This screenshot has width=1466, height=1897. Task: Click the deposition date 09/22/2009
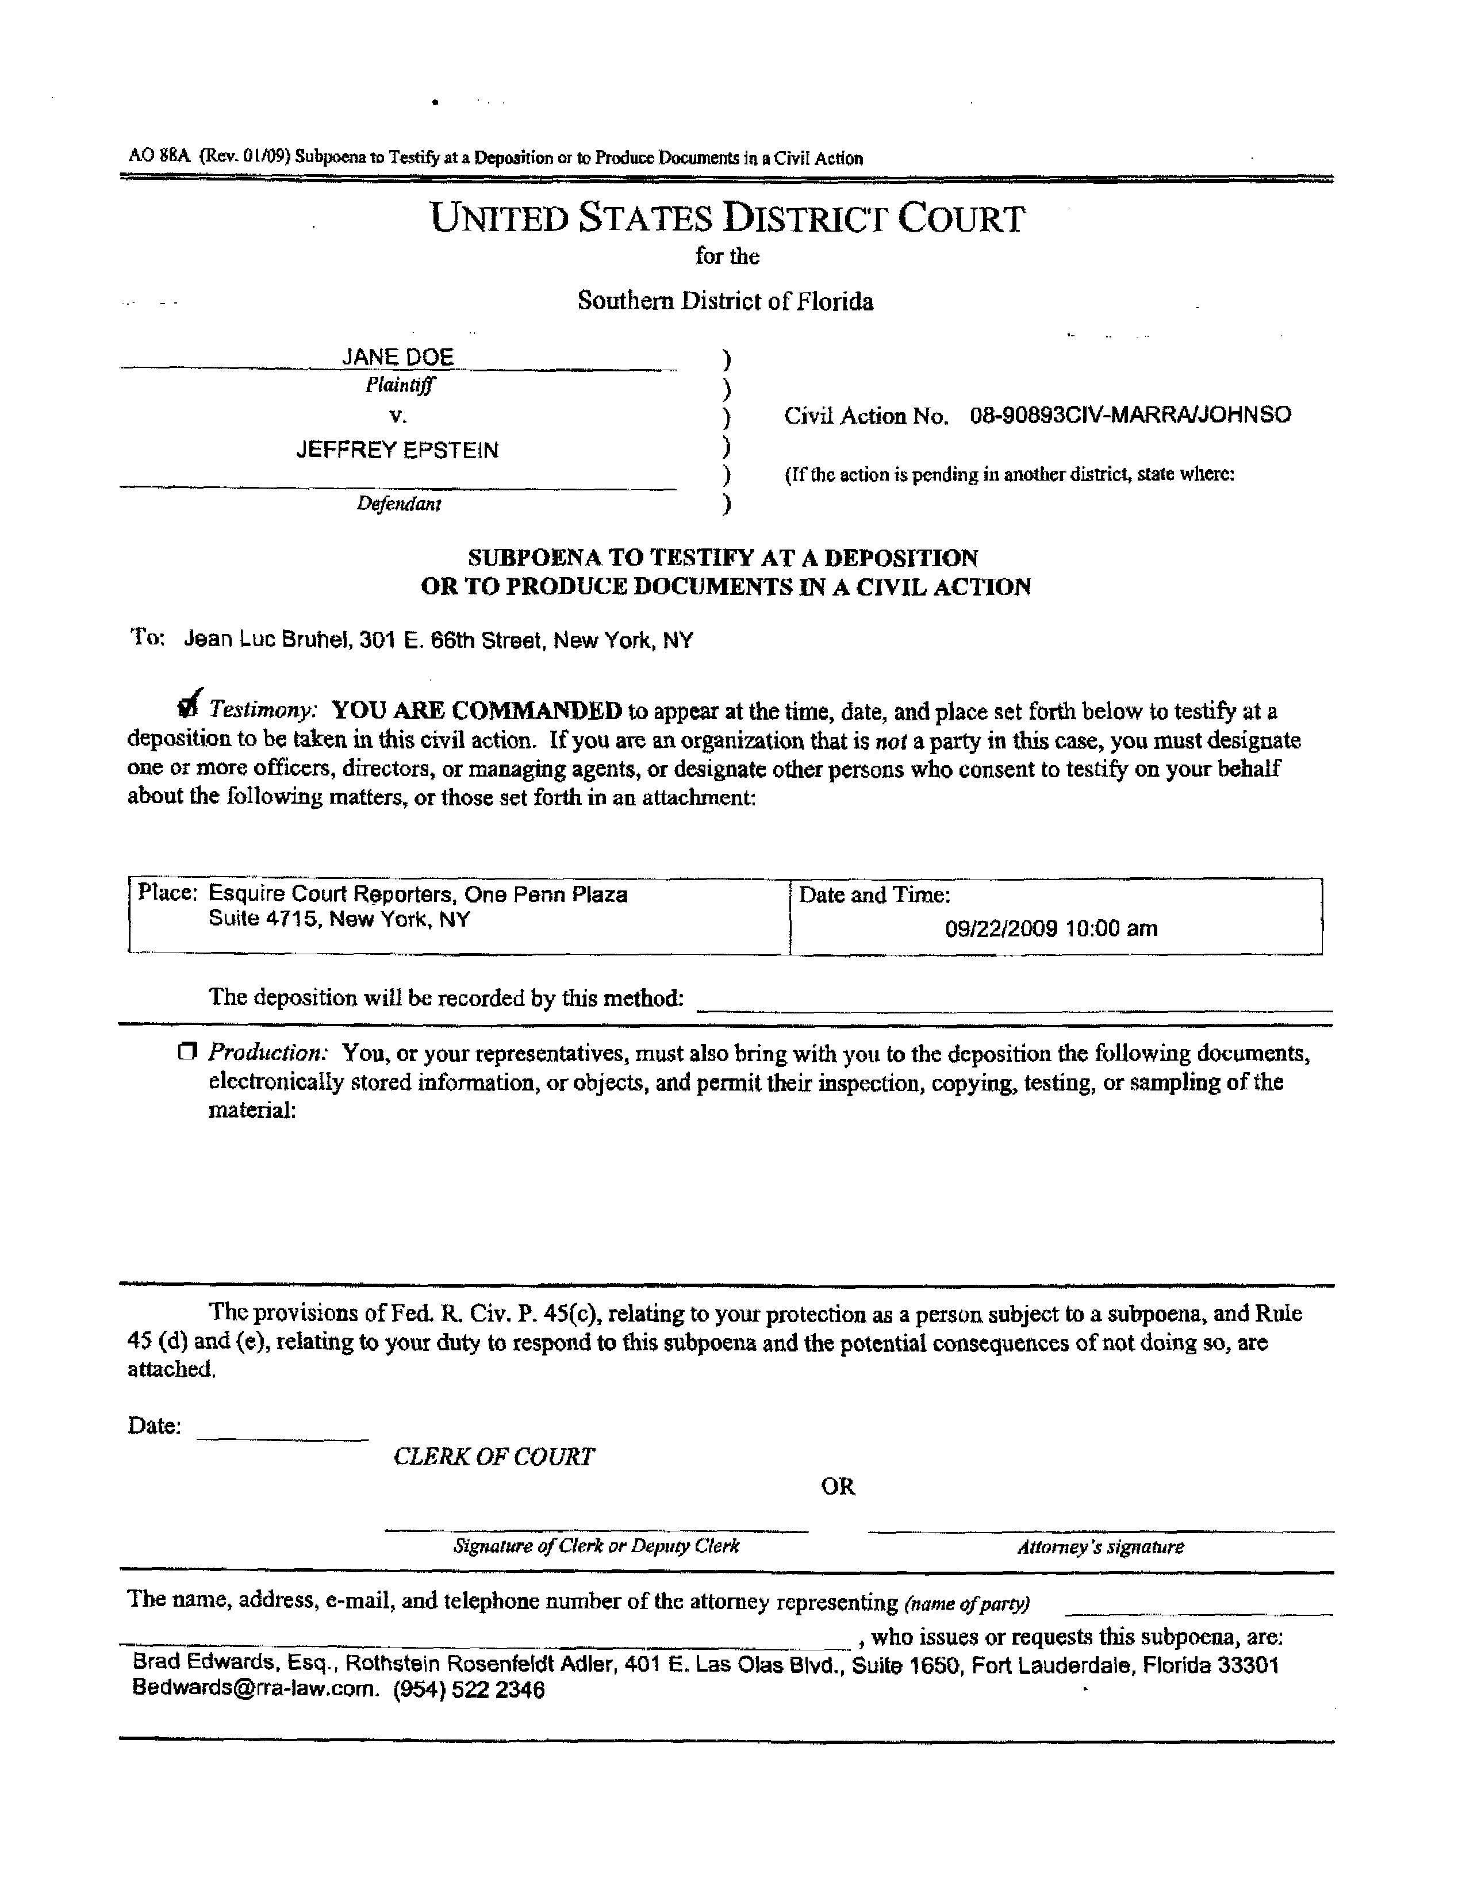coord(1000,928)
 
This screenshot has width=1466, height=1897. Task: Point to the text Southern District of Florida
coord(725,301)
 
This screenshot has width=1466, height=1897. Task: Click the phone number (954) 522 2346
coord(469,1689)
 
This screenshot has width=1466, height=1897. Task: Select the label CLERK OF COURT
coord(493,1457)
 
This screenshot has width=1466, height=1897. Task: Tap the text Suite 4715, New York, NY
coord(339,919)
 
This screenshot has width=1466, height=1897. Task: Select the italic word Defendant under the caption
coord(398,504)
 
